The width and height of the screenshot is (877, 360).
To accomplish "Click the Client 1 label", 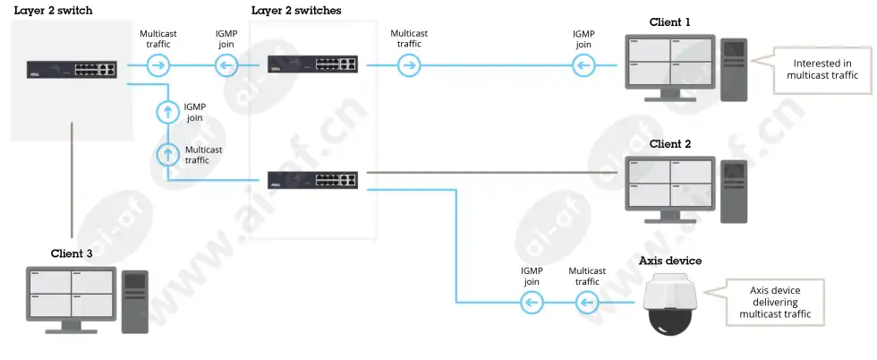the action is (x=669, y=22).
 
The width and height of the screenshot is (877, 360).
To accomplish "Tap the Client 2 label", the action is (x=670, y=144).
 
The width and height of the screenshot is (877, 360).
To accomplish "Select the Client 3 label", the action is (x=72, y=253).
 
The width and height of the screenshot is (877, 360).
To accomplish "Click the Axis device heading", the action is (x=670, y=261).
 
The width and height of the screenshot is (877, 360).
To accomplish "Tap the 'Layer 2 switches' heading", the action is (x=296, y=11).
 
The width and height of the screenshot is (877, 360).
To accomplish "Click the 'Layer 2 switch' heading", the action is (x=53, y=11).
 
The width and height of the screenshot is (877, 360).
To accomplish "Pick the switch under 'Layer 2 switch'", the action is (x=72, y=70).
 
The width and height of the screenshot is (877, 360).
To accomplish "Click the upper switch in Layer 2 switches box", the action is (x=312, y=64).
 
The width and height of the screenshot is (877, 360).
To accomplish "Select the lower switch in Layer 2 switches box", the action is (x=312, y=179).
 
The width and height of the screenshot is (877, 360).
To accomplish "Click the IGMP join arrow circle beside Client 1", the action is (x=583, y=66).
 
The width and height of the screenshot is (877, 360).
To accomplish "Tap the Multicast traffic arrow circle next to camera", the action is (x=587, y=304).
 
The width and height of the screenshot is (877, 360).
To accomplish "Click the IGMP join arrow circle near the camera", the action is (x=532, y=304).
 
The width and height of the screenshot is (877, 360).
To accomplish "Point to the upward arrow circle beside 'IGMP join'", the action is (x=166, y=112).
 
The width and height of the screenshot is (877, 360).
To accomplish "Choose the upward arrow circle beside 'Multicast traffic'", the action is (x=166, y=154).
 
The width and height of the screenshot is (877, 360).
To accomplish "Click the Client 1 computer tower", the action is (x=733, y=70).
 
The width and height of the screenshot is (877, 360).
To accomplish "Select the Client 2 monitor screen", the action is (x=669, y=182).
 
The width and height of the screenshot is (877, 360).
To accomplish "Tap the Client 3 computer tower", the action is (x=135, y=303).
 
